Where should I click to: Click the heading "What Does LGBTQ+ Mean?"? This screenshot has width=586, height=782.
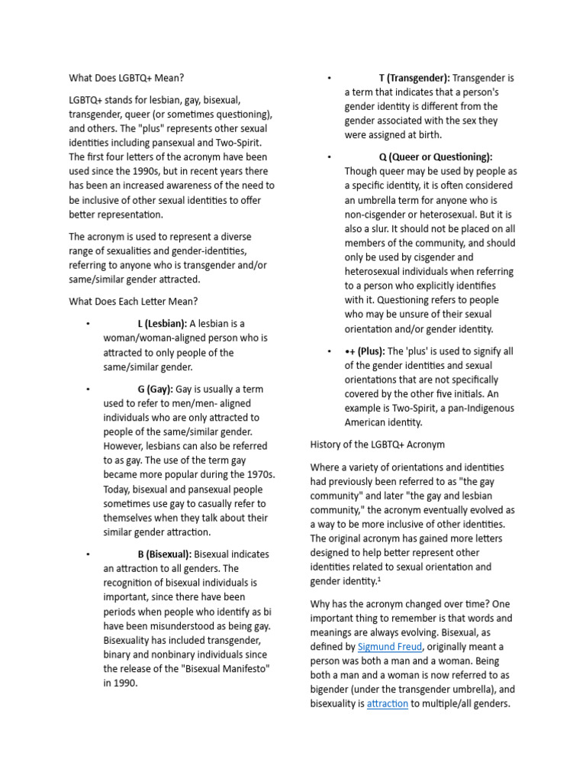(x=127, y=77)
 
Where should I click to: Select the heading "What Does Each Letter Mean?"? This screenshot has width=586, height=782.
(x=134, y=301)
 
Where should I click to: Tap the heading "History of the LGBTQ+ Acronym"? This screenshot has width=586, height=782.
(x=377, y=444)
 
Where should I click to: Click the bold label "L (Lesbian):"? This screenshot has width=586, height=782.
(x=162, y=323)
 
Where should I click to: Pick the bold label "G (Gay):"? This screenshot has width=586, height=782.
(x=155, y=389)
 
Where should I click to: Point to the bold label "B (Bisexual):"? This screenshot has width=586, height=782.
(x=164, y=554)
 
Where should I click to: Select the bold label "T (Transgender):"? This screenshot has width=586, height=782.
(x=414, y=78)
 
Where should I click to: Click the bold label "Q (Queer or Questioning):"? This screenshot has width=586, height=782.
(x=435, y=157)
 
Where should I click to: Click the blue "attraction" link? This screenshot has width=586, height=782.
(x=387, y=703)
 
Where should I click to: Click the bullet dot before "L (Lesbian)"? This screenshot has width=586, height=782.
(x=89, y=324)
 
